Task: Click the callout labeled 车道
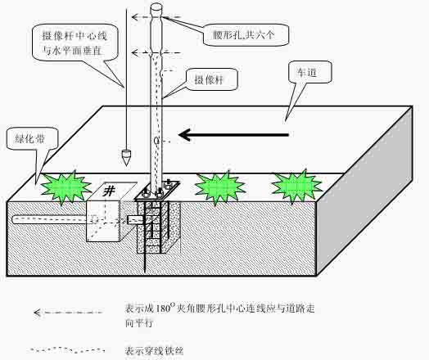click(310, 72)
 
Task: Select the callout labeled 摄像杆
click(211, 80)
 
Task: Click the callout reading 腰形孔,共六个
click(246, 34)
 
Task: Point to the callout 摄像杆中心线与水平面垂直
click(75, 43)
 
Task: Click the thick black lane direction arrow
click(233, 134)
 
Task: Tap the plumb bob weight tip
click(126, 164)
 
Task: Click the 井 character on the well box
click(109, 190)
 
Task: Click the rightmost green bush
click(297, 187)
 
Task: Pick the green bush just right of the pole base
click(219, 188)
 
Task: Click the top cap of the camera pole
click(156, 7)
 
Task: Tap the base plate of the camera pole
click(157, 191)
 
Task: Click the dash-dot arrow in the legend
click(68, 313)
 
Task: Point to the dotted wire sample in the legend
click(67, 349)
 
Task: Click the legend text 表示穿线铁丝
click(154, 350)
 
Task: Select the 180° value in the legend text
click(165, 308)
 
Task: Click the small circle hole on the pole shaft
click(156, 141)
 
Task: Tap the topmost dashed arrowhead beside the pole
click(134, 17)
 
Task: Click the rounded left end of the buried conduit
click(15, 220)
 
